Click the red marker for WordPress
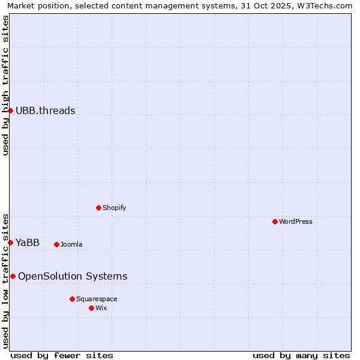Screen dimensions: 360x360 click(275, 221)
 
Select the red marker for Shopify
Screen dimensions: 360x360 click(98, 208)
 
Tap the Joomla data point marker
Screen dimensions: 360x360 click(56, 244)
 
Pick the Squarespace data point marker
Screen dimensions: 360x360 click(72, 299)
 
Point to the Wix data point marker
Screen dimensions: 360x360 click(91, 308)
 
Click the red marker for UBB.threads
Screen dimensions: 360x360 click(10, 110)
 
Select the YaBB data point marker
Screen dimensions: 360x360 click(10, 242)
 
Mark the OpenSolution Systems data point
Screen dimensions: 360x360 click(13, 276)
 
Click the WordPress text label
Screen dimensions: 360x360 click(296, 221)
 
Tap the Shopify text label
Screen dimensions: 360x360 click(114, 208)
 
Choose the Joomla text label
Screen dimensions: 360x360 click(71, 244)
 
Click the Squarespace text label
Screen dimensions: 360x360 click(97, 299)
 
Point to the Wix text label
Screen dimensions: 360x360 click(101, 308)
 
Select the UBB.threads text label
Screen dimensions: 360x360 click(46, 110)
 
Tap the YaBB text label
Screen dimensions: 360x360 click(28, 242)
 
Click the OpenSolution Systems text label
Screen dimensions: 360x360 click(73, 276)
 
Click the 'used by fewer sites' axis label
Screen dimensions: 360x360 click(62, 355)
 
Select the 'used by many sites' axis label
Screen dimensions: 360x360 click(301, 355)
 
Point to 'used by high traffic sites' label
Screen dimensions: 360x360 click(5, 85)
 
